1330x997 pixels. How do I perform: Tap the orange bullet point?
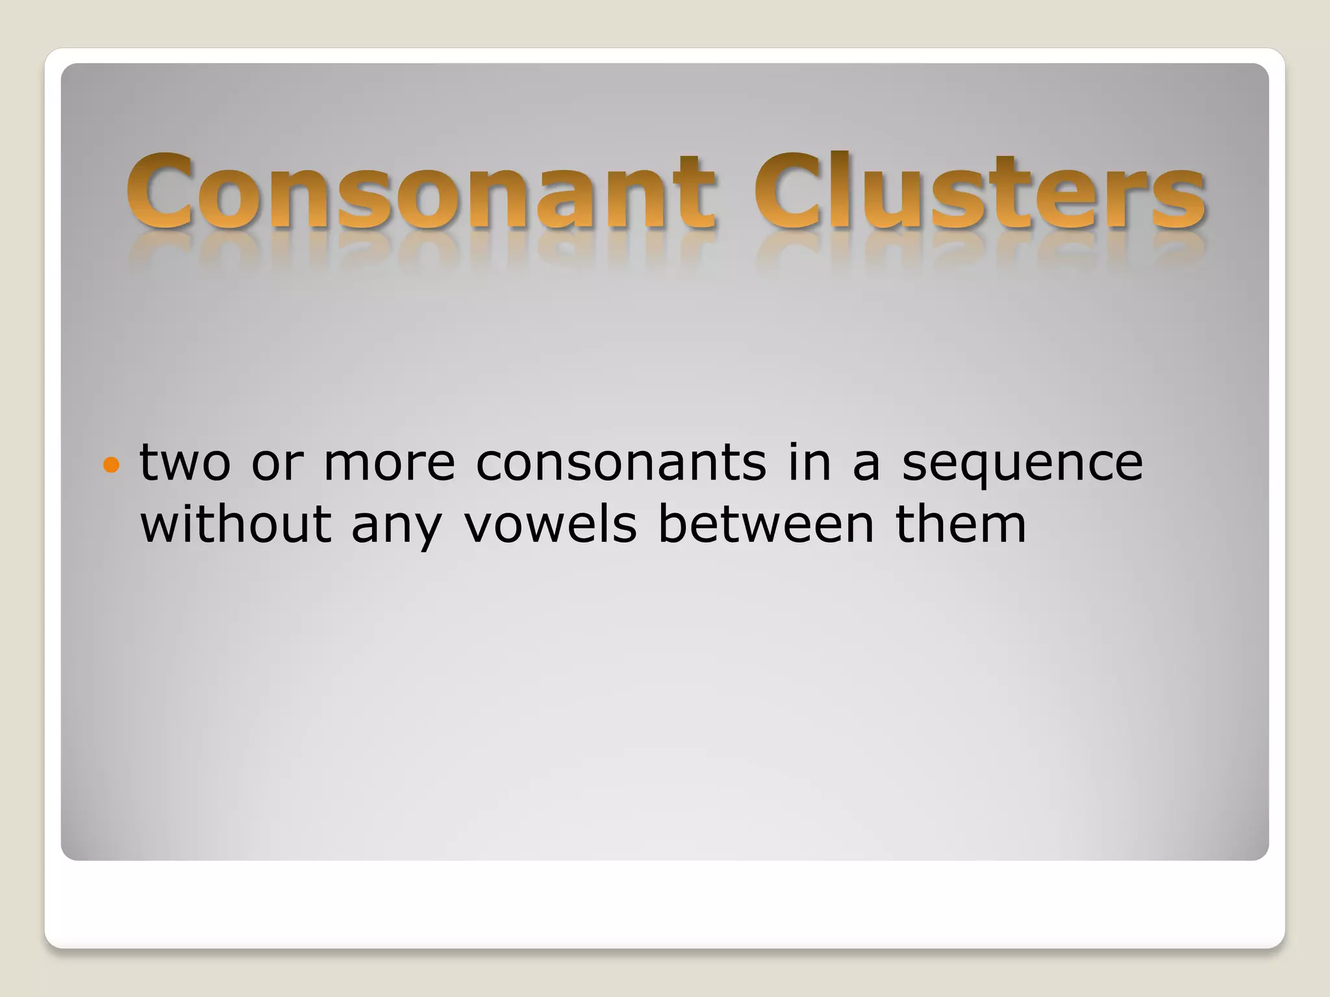coord(112,465)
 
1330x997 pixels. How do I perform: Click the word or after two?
coord(277,463)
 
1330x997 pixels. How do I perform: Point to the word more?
coord(389,463)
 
